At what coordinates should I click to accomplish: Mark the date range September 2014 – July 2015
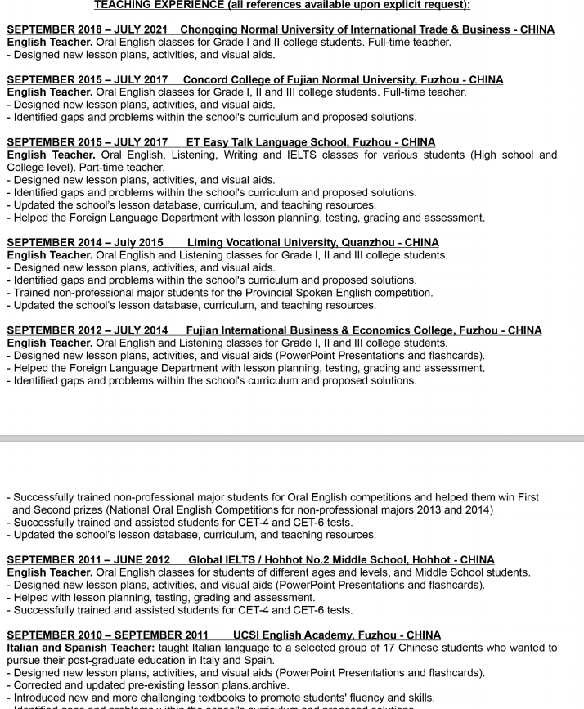[x=85, y=243]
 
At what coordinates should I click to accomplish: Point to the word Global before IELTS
[x=208, y=560]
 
